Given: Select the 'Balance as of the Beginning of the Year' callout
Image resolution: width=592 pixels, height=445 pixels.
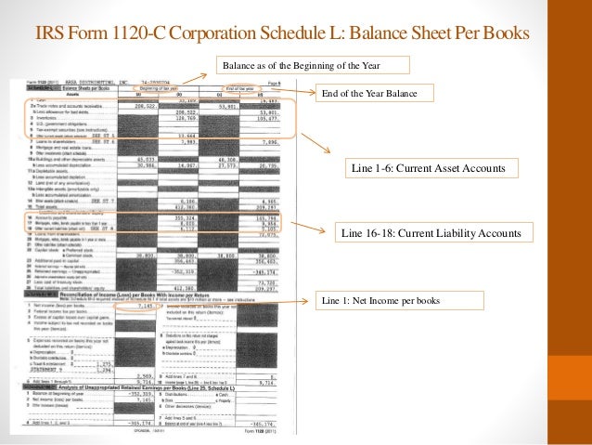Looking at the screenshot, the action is [x=311, y=64].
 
